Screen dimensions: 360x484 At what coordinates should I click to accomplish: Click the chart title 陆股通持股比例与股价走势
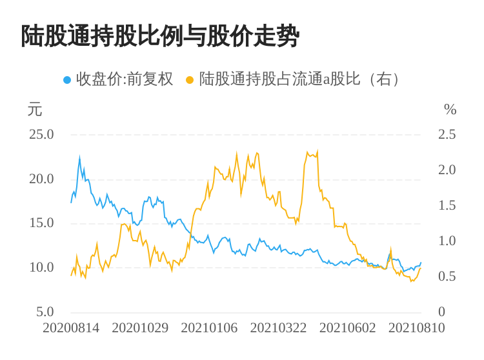pos(160,36)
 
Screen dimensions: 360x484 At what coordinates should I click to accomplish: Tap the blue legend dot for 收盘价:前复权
pos(67,80)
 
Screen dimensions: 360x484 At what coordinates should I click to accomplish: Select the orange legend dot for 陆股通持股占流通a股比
pos(189,80)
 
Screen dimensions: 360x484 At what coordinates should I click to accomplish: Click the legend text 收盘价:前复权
pos(125,79)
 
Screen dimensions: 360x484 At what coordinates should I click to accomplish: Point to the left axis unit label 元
pos(34,110)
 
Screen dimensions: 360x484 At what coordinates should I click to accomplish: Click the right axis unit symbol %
pos(450,110)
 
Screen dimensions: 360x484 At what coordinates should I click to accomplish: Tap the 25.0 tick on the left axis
pos(41,135)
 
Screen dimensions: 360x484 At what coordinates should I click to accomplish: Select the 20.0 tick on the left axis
pos(41,179)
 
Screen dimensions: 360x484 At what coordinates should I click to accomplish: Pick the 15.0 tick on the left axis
pos(41,223)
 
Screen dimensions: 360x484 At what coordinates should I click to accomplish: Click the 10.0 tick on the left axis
pos(41,267)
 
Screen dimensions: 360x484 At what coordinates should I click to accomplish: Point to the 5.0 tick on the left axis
pos(45,312)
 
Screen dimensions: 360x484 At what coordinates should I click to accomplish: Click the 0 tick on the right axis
pos(441,312)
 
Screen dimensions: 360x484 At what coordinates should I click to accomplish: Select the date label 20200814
pos(71,328)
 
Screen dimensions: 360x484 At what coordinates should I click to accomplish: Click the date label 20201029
pos(140,328)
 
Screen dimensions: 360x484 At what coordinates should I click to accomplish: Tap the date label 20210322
pos(278,328)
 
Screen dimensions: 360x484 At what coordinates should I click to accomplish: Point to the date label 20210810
pos(416,328)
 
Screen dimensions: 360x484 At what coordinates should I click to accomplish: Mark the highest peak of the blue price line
pos(79,157)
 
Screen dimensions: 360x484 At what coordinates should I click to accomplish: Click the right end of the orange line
pos(420,268)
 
